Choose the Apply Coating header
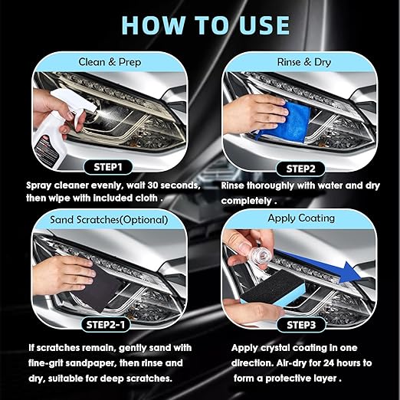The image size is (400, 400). point(301,218)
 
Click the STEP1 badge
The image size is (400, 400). point(109,166)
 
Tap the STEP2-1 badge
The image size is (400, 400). point(109,324)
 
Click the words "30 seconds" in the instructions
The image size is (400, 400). point(167,185)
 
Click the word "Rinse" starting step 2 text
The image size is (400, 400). point(238,185)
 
